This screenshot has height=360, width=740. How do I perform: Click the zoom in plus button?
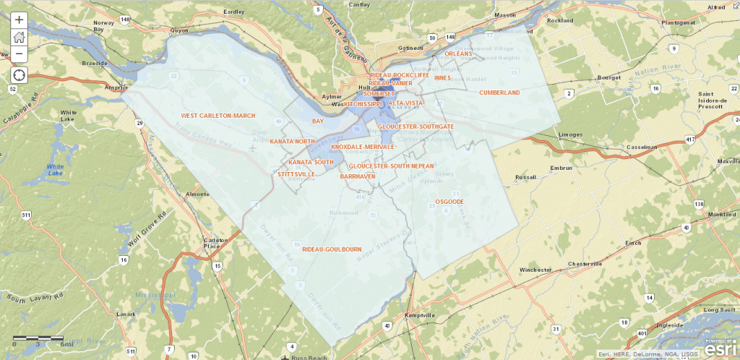(x=20, y=20)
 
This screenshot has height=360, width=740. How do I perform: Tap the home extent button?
(x=20, y=38)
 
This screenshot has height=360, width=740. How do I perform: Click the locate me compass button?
(x=20, y=74)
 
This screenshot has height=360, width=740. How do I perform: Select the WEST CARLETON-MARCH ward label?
(x=218, y=116)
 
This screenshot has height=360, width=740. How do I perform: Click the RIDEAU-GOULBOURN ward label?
(x=332, y=249)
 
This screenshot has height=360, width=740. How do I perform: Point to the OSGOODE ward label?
(x=449, y=202)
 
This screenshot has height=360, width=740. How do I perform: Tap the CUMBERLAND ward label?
(x=499, y=93)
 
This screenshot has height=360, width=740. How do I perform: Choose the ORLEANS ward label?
(x=457, y=53)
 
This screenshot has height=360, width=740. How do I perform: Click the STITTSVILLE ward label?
(x=296, y=174)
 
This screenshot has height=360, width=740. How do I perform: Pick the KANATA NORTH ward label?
(x=293, y=142)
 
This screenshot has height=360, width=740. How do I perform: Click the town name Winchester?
(x=535, y=270)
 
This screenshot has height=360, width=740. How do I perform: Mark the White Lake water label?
(x=55, y=170)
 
